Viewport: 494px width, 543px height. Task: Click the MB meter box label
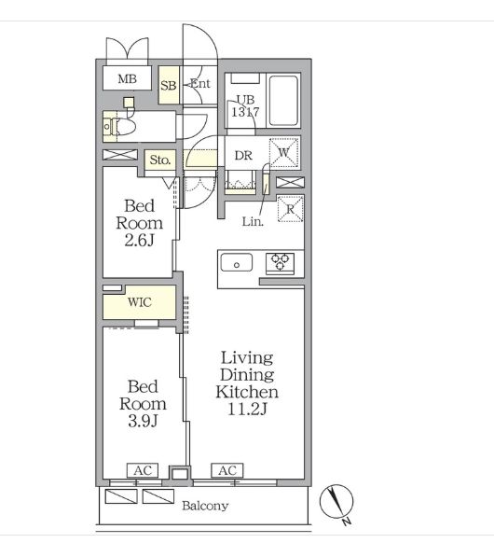(x=128, y=79)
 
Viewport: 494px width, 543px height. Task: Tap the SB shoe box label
(x=169, y=85)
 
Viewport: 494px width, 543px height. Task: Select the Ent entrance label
(x=200, y=83)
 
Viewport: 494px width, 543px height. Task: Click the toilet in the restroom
(x=119, y=126)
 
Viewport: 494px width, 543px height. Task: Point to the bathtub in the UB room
(x=283, y=101)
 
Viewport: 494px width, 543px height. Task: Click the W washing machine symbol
(x=284, y=152)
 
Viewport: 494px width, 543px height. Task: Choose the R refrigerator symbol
(x=291, y=208)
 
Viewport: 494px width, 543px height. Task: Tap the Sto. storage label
(x=160, y=160)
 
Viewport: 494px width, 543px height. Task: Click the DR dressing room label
(x=243, y=156)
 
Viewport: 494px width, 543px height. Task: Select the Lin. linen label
(x=253, y=222)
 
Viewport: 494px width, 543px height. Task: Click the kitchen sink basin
(x=237, y=262)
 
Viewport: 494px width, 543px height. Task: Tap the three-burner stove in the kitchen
(x=280, y=263)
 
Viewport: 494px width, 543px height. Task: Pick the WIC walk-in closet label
(x=140, y=302)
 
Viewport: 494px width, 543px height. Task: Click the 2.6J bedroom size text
(x=139, y=241)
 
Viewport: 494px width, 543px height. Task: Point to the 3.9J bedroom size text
(x=143, y=421)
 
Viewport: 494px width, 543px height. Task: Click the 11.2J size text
(x=247, y=410)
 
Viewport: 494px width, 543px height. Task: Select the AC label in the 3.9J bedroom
(x=143, y=470)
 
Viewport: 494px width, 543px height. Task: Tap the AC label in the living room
(x=227, y=470)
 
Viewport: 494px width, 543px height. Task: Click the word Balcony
(x=205, y=506)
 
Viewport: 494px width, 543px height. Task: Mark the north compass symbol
(x=336, y=501)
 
